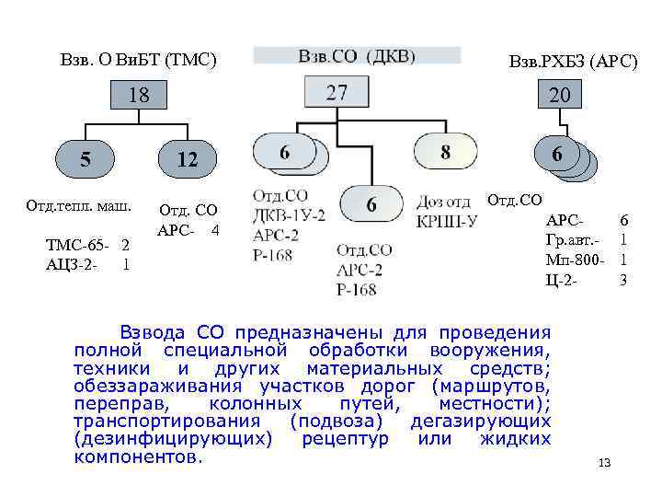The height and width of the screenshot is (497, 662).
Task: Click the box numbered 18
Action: coord(139,95)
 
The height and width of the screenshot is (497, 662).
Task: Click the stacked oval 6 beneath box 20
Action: coord(558,156)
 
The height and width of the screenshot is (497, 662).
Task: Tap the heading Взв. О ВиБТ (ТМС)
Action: coord(138,61)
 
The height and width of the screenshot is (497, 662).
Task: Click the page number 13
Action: coord(603,462)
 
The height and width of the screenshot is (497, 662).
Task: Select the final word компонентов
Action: coord(137,457)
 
